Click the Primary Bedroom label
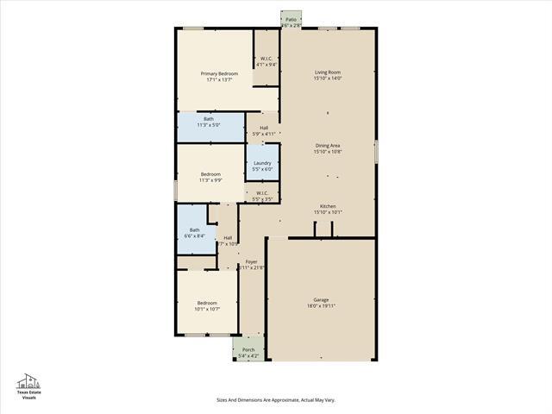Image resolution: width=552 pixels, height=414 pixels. click(219, 74)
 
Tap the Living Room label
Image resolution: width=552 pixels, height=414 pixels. click(328, 72)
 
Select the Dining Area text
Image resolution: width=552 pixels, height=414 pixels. click(328, 146)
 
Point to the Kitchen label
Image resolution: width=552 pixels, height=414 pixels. click(328, 206)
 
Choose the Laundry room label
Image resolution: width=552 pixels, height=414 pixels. click(262, 163)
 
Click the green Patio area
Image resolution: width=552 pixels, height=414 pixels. click(292, 19)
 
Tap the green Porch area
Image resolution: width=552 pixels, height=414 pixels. click(248, 349)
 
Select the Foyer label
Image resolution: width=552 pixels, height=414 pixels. click(251, 261)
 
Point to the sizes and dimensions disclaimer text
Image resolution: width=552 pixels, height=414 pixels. click(275, 400)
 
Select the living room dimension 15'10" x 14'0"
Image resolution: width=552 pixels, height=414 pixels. click(328, 78)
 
